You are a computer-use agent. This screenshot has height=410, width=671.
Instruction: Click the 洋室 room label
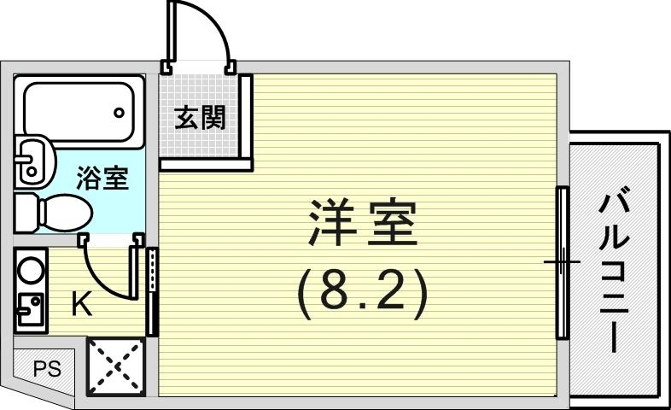click(361, 224)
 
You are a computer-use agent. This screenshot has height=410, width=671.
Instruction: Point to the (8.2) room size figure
click(361, 295)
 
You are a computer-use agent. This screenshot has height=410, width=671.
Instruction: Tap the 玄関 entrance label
click(201, 118)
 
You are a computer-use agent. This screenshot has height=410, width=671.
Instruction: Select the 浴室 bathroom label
click(102, 179)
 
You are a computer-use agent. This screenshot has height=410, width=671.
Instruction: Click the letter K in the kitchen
click(81, 303)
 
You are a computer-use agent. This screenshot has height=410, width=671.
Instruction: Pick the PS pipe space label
click(46, 370)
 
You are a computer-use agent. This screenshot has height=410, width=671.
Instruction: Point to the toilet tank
click(26, 211)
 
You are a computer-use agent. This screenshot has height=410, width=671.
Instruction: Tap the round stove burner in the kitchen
click(31, 271)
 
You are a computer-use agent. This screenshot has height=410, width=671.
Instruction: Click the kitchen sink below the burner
click(31, 310)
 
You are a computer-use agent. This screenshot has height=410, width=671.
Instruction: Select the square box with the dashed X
click(115, 367)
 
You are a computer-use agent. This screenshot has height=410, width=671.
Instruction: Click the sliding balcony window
click(562, 262)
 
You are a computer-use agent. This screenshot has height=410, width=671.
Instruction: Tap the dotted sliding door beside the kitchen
click(153, 290)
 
